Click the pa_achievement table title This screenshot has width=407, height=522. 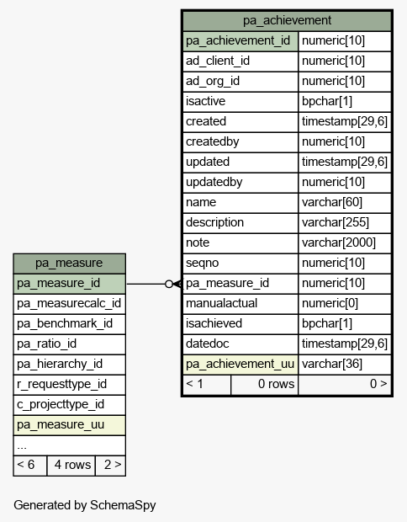point(287,21)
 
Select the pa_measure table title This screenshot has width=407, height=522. point(69,263)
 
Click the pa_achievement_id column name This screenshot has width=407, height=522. point(238,41)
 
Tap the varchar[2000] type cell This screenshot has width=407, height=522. point(339,242)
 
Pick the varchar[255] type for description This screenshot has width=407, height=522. point(336,222)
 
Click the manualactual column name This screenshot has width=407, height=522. point(221,303)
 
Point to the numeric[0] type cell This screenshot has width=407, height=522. point(330,303)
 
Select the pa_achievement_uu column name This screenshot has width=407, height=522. point(240,364)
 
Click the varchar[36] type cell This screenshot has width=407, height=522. point(331,364)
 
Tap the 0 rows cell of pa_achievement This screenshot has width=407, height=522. point(276,384)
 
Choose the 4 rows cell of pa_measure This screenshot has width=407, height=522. point(72,465)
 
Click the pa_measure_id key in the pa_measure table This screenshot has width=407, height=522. point(58,283)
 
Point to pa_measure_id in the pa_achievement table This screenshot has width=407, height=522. point(227,283)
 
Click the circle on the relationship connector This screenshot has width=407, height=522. point(169,284)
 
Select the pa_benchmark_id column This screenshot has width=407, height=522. point(65,323)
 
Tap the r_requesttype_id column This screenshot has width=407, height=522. point(61,384)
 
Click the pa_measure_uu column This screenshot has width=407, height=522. point(61,425)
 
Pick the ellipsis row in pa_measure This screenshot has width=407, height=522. point(22,447)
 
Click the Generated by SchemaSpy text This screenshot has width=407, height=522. point(84,505)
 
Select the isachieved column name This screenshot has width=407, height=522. point(214,323)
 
